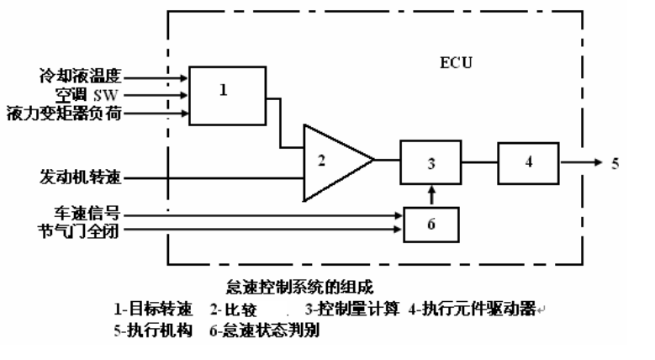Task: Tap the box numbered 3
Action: tap(431, 163)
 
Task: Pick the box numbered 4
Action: tap(529, 162)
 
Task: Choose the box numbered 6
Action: tap(431, 224)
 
